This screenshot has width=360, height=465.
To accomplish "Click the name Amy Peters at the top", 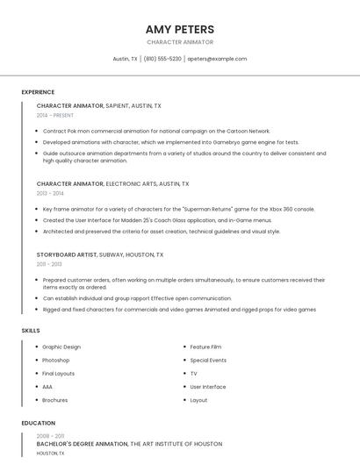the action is tap(180, 29).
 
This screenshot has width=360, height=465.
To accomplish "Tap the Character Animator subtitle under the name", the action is tap(180, 42).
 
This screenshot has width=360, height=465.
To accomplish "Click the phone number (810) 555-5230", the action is tap(162, 59).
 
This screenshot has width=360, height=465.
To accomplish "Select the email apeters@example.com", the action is tap(217, 59).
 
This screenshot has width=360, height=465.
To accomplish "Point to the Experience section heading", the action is tap(38, 92).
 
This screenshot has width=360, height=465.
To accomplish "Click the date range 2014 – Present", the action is tap(55, 115).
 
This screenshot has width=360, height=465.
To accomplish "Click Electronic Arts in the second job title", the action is tap(131, 184).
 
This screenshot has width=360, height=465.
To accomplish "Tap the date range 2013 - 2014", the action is tap(50, 193).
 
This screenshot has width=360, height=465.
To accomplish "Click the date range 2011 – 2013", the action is tap(49, 263).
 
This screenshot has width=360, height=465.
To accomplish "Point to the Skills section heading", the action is tap(31, 330).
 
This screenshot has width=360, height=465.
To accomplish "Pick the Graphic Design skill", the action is tap(61, 347).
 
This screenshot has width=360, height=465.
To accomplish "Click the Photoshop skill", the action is tap(55, 360).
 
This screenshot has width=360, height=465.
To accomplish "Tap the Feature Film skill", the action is tap(205, 347).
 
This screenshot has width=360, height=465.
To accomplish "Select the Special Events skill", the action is tap(208, 360).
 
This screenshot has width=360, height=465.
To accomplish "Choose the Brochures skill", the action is tap(54, 400).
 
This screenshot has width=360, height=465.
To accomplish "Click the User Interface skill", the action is tap(208, 387).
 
